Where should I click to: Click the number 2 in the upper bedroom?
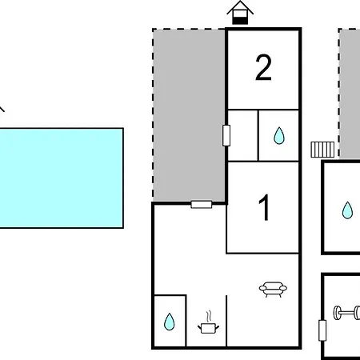[x=263, y=67]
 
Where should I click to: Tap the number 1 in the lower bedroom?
[x=265, y=207]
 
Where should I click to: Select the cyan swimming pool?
[x=62, y=178]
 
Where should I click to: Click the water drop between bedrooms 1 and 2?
[x=279, y=136]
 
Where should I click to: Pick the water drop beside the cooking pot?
[x=170, y=322]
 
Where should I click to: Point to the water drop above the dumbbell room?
[x=347, y=210]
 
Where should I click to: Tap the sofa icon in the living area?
[x=273, y=289]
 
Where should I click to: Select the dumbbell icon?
[x=346, y=313]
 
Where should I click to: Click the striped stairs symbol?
[x=322, y=150]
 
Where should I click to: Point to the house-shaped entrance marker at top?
[x=240, y=13]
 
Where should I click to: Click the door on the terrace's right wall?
[x=226, y=135]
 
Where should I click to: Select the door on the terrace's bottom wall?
[x=202, y=205]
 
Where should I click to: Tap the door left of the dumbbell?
[x=322, y=330]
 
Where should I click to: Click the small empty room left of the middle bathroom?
[x=243, y=135]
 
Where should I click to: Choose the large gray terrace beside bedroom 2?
[x=189, y=115]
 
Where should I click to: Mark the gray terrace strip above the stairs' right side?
[x=350, y=93]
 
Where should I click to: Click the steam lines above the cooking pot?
[x=210, y=316]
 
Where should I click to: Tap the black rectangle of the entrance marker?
[x=240, y=20]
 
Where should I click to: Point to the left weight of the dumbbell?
[x=337, y=313]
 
